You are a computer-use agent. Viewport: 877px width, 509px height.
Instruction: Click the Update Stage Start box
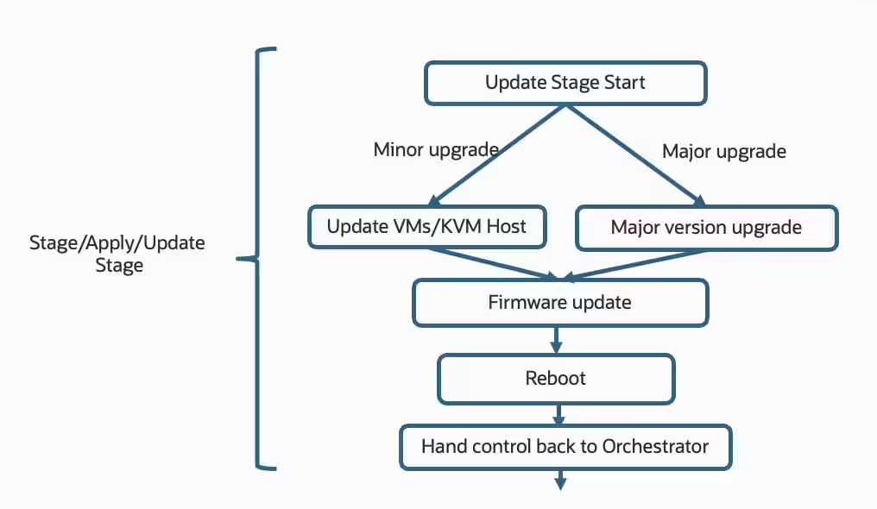click(x=565, y=84)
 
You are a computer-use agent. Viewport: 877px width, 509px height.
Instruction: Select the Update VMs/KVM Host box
click(x=426, y=228)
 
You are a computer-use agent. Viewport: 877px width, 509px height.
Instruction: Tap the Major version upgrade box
click(x=706, y=228)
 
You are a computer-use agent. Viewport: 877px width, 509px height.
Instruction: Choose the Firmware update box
click(x=560, y=303)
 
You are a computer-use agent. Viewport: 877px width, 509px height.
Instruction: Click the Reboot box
click(x=556, y=379)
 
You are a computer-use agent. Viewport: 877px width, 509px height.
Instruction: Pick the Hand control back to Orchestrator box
click(x=565, y=447)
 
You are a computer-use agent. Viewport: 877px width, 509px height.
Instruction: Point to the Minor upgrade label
click(x=436, y=149)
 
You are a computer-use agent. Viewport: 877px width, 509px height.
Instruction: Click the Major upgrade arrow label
click(x=723, y=151)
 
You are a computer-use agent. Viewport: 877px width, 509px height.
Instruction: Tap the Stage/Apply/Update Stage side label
click(x=117, y=254)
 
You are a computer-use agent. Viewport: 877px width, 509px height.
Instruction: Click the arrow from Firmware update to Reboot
click(x=556, y=339)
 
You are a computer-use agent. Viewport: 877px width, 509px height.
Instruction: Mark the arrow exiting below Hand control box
click(x=560, y=480)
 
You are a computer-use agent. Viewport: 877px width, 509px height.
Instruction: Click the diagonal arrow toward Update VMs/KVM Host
click(x=496, y=155)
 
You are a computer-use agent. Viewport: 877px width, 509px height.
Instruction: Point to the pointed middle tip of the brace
click(x=241, y=258)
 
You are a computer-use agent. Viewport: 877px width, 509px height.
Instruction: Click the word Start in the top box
click(x=622, y=84)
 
